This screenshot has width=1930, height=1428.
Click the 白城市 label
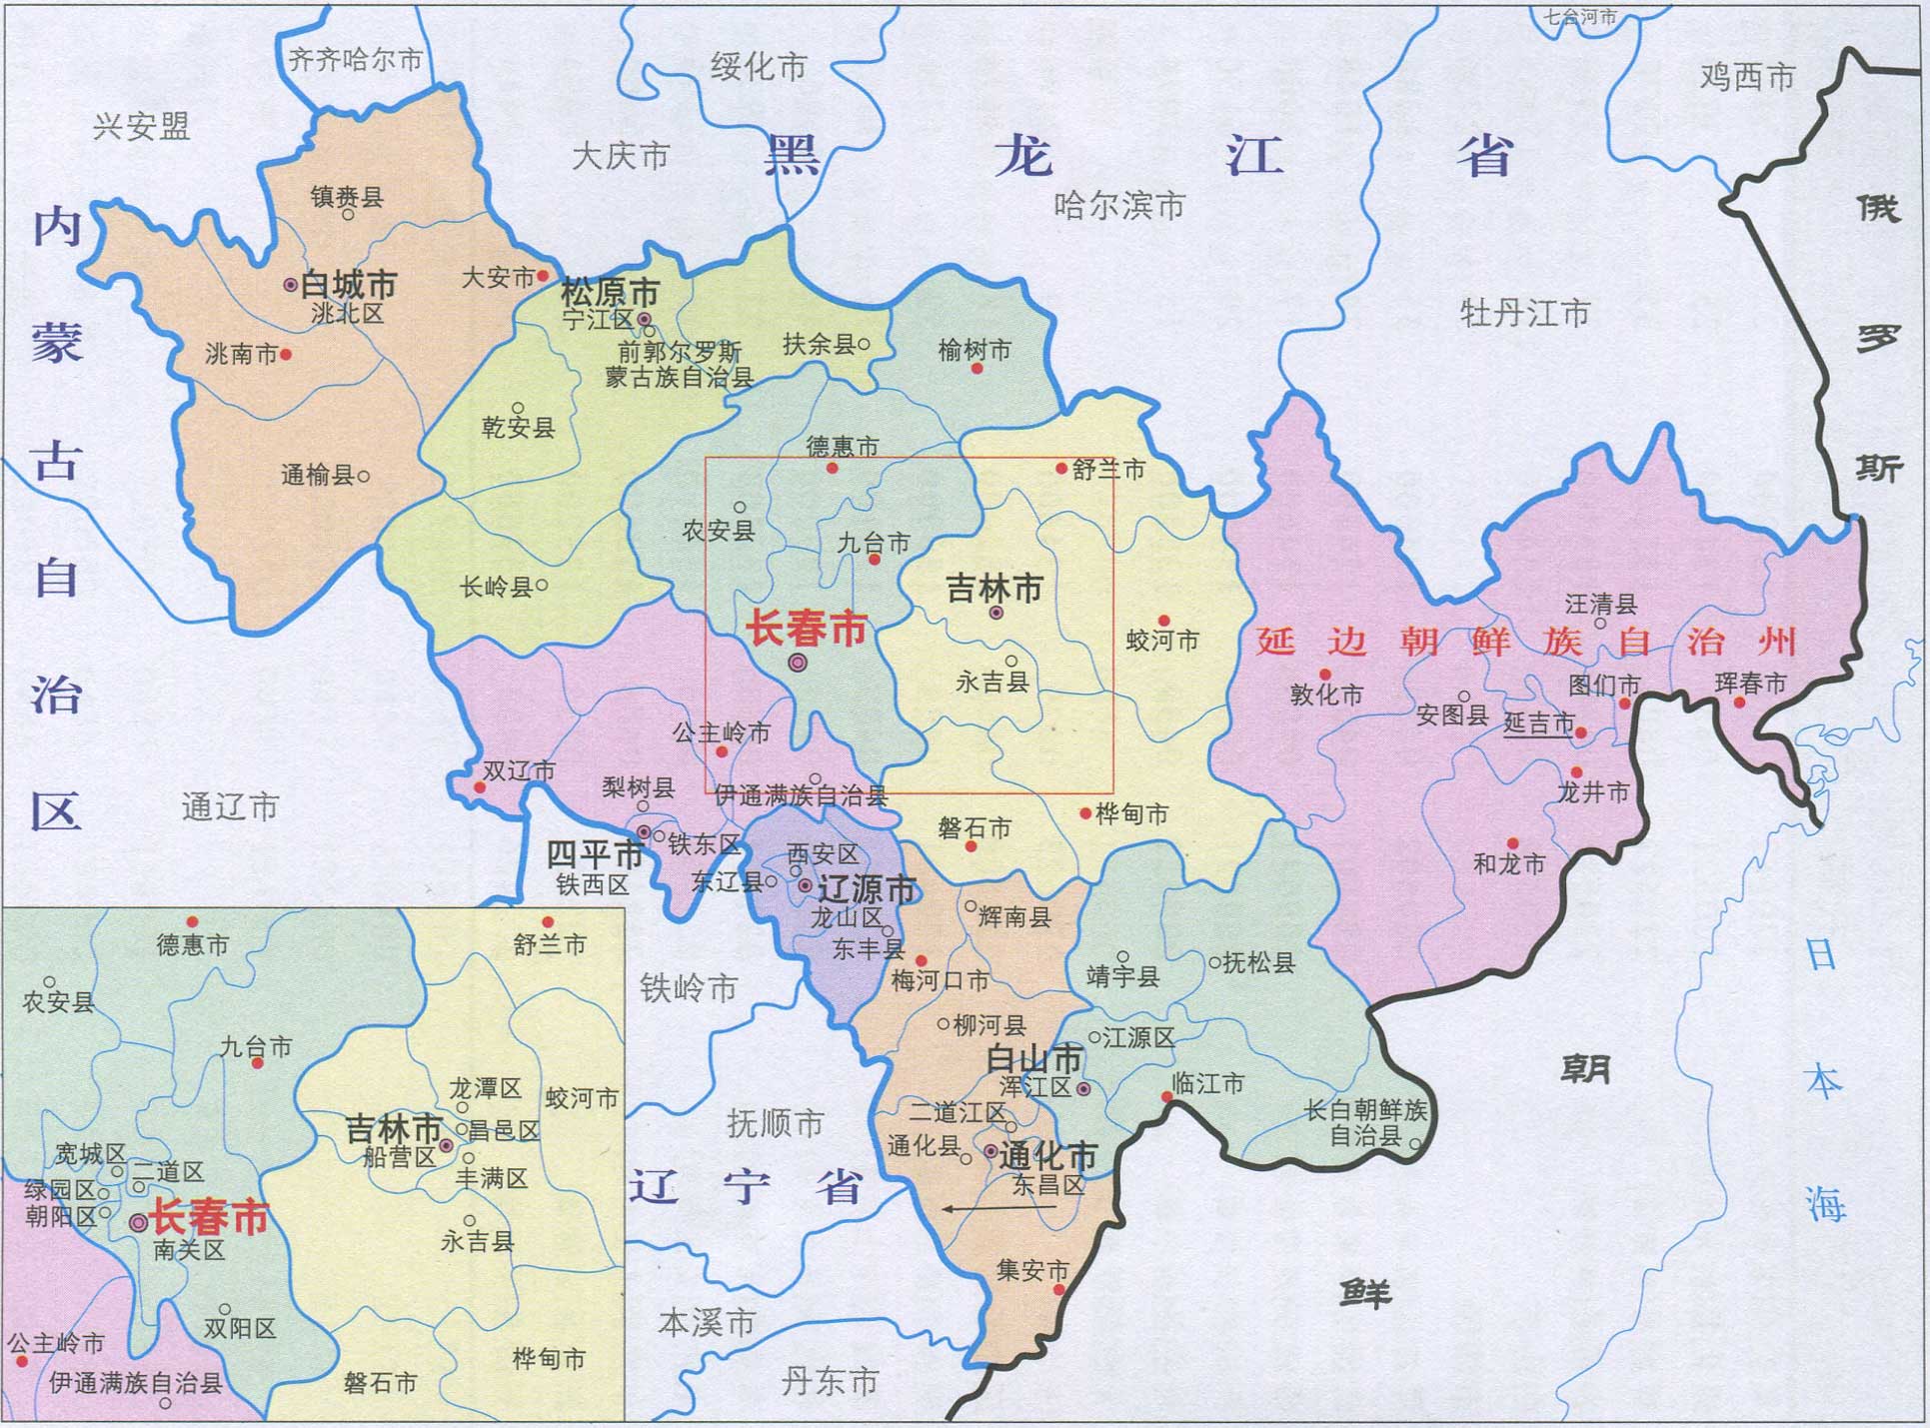[349, 285]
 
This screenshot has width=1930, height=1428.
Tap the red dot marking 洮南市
[286, 354]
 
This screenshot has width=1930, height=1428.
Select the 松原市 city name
[610, 294]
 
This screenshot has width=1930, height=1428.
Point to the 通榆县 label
[317, 475]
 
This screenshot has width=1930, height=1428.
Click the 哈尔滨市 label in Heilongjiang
[1118, 206]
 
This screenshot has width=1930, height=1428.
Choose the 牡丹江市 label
[1523, 313]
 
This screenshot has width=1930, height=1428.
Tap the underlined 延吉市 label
[1539, 722]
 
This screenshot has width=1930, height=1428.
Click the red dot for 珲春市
[1739, 703]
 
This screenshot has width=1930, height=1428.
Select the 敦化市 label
[1326, 694]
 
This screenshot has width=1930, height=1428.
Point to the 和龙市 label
[1509, 863]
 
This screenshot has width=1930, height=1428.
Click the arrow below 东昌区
[999, 1208]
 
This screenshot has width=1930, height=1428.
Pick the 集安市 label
[1032, 1270]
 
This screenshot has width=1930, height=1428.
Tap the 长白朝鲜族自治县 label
[1365, 1122]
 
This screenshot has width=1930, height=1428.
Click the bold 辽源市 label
[867, 888]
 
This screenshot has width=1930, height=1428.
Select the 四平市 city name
[595, 854]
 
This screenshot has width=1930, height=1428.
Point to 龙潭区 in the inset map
[485, 1088]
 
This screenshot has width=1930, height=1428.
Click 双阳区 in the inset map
[240, 1328]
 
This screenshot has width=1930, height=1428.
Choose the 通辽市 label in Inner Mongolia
[230, 806]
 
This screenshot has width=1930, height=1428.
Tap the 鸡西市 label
[1747, 77]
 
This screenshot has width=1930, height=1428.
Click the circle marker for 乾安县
[518, 408]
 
